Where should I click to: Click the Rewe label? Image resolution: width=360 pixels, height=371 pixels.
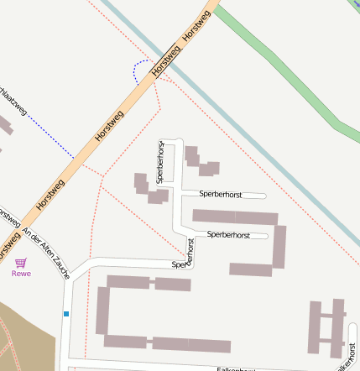[x=20, y=273]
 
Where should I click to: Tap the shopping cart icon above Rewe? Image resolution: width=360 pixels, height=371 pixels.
[x=20, y=263]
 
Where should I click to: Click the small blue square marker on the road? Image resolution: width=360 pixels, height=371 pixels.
[x=65, y=314]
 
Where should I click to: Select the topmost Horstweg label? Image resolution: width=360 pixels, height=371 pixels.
[x=195, y=30]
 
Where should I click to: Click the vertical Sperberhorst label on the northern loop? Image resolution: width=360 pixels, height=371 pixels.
[x=161, y=161]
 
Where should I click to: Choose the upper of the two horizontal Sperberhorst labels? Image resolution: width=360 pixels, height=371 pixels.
[x=220, y=194]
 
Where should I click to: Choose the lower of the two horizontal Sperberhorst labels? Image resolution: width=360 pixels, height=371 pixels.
[x=228, y=234]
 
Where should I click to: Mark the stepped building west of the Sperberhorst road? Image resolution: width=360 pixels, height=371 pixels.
[x=149, y=189]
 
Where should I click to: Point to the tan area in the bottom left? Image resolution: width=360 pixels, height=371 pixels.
[x=25, y=336]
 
